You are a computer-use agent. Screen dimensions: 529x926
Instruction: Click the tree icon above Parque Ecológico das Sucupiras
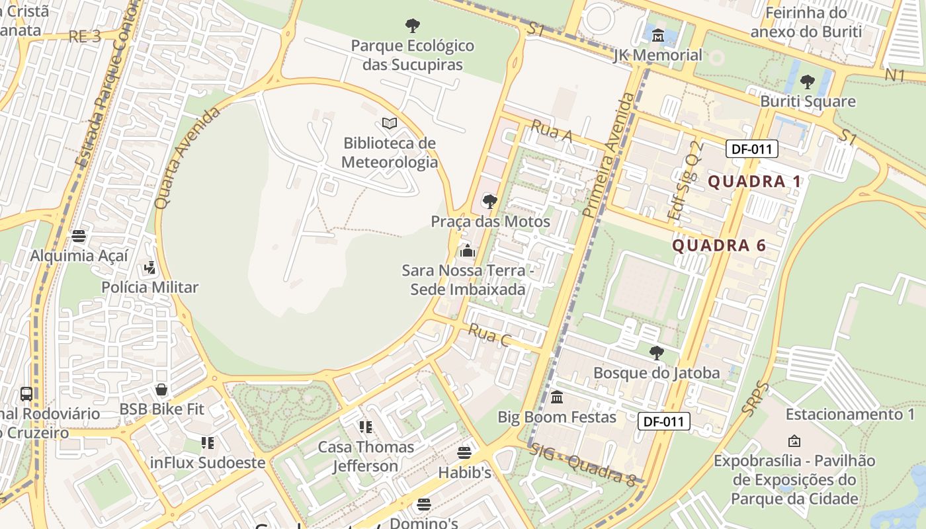point(413,26)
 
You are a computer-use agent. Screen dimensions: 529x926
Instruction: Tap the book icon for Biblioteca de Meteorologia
point(390,124)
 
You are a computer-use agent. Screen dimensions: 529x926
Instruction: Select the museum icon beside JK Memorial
point(658,35)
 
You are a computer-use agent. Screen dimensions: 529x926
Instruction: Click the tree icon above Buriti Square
point(807,82)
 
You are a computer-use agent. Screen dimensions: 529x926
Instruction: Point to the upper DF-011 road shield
point(752,149)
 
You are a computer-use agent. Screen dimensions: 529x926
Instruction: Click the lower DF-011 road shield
point(664,421)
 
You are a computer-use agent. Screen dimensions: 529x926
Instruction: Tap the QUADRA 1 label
point(754,181)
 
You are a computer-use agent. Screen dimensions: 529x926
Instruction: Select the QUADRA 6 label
point(719,245)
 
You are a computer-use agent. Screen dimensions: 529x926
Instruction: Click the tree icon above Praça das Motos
point(490,202)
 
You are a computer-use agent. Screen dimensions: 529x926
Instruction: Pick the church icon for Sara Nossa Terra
point(468,251)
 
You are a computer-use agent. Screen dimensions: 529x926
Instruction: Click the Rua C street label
point(489,335)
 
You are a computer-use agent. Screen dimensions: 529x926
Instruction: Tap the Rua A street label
point(552,132)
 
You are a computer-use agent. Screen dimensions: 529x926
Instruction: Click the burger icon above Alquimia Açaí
point(79,236)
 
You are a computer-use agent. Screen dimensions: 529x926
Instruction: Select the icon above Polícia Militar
point(150,268)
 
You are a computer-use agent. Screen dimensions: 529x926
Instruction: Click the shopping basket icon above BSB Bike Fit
point(161,389)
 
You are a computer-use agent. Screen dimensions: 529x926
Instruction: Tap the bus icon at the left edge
point(26,394)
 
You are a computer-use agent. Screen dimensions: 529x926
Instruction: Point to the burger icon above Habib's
point(464,453)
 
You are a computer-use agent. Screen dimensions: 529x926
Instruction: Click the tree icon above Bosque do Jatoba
point(656,352)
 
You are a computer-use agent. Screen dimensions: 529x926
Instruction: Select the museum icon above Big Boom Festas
point(557,397)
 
